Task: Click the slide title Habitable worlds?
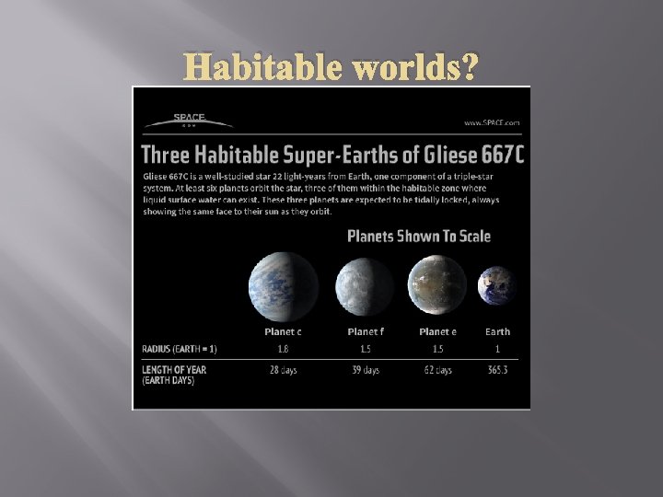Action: tap(332, 66)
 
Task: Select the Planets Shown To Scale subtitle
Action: tap(418, 237)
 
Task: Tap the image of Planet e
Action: tap(436, 283)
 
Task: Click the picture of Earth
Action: tap(497, 283)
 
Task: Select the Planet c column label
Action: tap(283, 331)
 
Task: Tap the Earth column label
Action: tap(498, 331)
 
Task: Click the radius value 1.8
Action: tap(283, 349)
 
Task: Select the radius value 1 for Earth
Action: tap(498, 349)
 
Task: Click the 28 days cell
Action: tap(283, 370)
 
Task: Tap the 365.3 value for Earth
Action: tap(498, 370)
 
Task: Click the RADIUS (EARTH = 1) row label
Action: tap(180, 349)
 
